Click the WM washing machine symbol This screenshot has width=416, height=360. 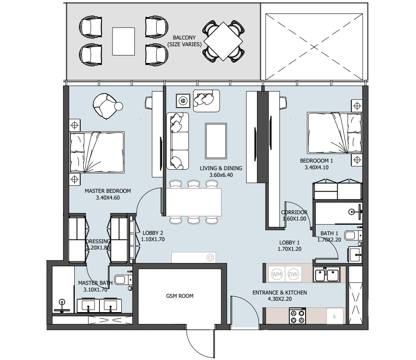coord(277,274)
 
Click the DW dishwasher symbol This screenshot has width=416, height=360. coord(293,274)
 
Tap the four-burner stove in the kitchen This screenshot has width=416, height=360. coord(297,316)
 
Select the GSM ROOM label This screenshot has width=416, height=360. coord(180,296)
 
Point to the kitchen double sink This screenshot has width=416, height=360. coord(327,274)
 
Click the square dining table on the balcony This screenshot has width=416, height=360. coord(223,42)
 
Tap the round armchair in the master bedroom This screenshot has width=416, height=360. coord(106,106)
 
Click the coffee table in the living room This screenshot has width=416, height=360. coord(216,141)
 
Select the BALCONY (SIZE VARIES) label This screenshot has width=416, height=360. coord(184,41)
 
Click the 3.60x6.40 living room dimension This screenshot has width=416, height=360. coord(221,175)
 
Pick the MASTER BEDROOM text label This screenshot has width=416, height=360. coord(108,191)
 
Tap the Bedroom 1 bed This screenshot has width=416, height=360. coord(334,133)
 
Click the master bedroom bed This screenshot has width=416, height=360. coord(97,152)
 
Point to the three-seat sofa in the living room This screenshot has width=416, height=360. coord(178,141)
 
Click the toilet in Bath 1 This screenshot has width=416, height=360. coord(353,236)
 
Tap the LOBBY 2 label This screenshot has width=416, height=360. coord(153,233)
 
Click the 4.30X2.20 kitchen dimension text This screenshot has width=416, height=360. coord(280,299)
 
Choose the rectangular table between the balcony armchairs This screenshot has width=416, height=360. coord(123,42)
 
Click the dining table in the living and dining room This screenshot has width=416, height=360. coord(194,202)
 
